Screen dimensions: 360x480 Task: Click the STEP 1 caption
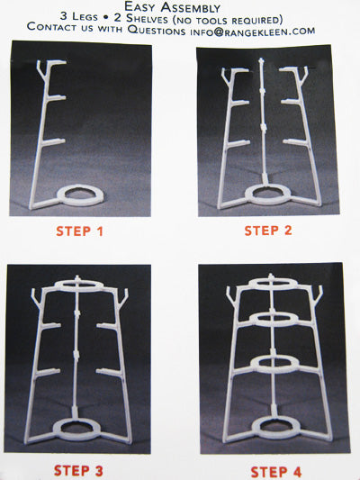click(79, 231)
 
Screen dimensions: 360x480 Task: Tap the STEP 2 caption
click(268, 231)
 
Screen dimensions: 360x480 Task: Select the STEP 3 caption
click(78, 470)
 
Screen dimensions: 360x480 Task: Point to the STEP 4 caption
click(276, 472)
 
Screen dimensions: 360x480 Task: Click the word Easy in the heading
click(140, 6)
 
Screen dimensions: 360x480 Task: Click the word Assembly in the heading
click(190, 7)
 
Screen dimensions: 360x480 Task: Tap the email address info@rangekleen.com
click(253, 32)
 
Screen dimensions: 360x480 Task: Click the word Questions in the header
click(157, 31)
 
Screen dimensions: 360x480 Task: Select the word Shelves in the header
click(147, 19)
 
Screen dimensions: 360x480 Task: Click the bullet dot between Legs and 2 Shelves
click(106, 17)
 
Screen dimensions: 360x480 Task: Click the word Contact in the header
click(51, 27)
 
